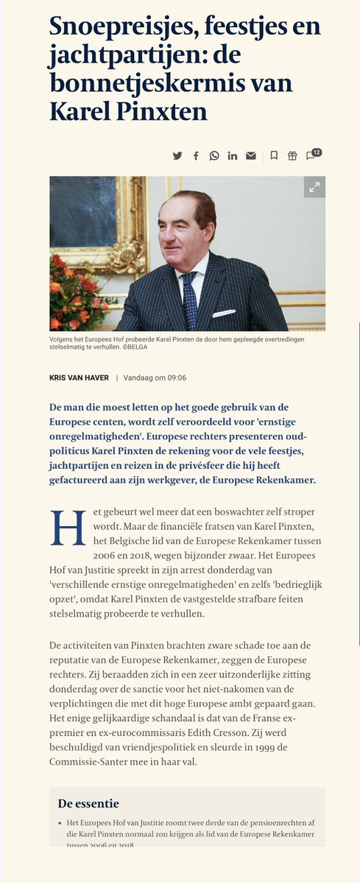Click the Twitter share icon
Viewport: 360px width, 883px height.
(177, 155)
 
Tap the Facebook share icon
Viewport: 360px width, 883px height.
(196, 155)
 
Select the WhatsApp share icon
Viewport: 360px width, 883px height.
(214, 155)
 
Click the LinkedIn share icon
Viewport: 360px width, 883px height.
(233, 155)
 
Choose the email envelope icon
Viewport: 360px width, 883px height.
(251, 155)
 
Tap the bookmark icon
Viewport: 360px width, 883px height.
(274, 155)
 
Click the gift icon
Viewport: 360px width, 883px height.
(292, 155)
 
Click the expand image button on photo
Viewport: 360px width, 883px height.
(314, 187)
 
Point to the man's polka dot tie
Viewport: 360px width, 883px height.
(190, 294)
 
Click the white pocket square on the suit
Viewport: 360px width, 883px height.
(222, 313)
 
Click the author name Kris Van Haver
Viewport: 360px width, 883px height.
(79, 377)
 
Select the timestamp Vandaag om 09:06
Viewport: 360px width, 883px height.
(156, 377)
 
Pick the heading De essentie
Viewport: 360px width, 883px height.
(88, 803)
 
